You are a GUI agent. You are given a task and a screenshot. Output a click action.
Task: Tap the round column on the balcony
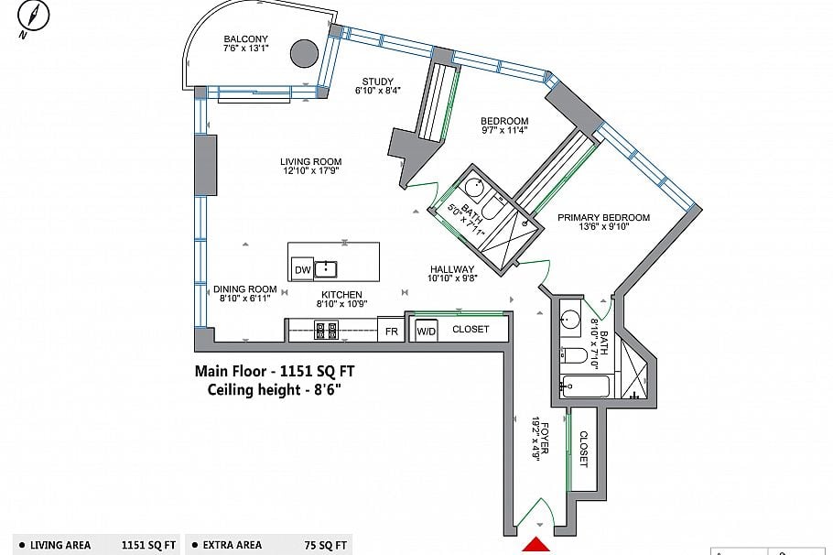point(305,53)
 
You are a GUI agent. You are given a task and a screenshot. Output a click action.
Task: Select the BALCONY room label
point(246,38)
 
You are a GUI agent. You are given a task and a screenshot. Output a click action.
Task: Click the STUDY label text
point(378,82)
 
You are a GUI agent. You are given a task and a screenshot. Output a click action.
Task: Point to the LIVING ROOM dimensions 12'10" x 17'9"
point(311,170)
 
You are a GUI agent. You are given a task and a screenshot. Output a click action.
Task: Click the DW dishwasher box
point(303,269)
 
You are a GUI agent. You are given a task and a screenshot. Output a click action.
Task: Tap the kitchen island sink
point(326,269)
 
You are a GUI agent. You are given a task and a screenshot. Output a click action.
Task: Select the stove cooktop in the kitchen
point(327,330)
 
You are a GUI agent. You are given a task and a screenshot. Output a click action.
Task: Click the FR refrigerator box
point(392,330)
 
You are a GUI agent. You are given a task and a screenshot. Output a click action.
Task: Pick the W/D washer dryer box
point(426,330)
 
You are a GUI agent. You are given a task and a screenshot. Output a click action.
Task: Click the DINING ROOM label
point(245,289)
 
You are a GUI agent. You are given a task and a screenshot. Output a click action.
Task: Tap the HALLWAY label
point(452,269)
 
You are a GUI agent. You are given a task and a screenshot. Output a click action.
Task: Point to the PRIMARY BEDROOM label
point(603,217)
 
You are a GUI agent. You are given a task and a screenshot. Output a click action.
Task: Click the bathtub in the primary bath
point(586,386)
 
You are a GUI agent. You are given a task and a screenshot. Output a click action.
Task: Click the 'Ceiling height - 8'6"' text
point(274,389)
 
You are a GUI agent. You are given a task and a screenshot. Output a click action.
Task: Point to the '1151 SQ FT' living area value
point(148,545)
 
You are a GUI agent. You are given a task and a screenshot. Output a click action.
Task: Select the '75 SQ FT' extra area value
point(326,545)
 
